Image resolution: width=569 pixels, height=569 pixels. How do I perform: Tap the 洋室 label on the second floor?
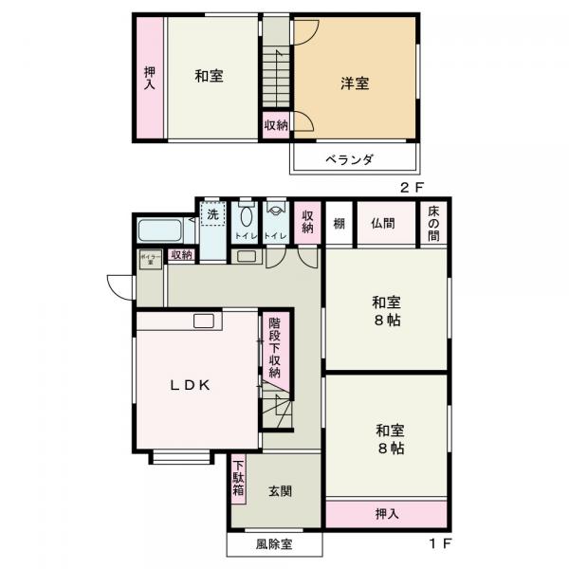point(355,83)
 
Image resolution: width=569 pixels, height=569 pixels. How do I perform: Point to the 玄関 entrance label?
point(280,491)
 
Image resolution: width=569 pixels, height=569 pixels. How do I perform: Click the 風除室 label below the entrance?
point(274,545)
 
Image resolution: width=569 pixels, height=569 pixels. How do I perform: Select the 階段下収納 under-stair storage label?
point(274,347)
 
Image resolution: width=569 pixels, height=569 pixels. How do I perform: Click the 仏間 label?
point(383,224)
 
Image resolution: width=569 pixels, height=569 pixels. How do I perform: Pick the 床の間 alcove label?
point(433,224)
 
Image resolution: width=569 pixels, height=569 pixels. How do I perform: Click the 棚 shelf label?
point(339,224)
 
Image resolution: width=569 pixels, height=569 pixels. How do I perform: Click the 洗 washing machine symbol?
point(213,214)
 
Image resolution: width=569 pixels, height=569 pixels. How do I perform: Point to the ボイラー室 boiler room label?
point(150,258)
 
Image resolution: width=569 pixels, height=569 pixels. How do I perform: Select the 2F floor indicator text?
point(409,188)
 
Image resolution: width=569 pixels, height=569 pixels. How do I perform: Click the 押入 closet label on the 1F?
point(386,514)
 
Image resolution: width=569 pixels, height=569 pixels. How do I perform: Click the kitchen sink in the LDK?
point(205,321)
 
